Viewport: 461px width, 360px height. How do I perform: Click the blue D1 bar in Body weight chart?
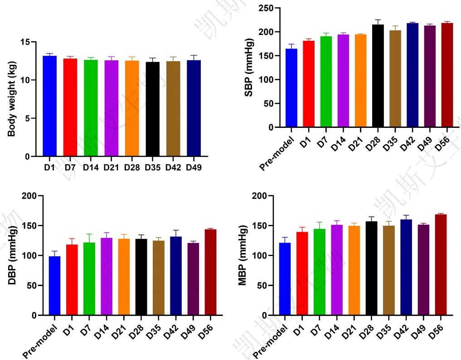tap(49, 106)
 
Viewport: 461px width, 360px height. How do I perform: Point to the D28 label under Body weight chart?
tap(132, 167)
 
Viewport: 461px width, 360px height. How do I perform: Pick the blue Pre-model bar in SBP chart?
tap(291, 88)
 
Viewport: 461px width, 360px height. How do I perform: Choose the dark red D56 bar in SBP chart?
tap(447, 75)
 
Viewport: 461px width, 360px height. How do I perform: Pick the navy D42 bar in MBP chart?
tap(406, 267)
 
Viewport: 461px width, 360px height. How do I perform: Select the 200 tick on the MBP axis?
tap(258, 196)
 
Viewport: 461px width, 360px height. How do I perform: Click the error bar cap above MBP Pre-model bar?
tap(285, 237)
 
